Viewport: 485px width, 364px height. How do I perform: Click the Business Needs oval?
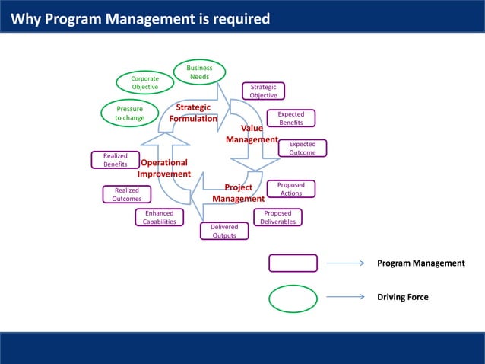point(200,72)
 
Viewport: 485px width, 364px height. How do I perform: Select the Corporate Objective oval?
point(145,83)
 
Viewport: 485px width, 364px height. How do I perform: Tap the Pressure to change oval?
point(130,113)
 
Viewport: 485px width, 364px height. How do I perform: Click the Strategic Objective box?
point(264,91)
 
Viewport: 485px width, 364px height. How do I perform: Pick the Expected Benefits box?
point(290,118)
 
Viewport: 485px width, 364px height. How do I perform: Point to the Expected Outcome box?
point(303,148)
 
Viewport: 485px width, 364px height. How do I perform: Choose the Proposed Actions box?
point(291,189)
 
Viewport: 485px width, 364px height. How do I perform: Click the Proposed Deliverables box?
point(277,218)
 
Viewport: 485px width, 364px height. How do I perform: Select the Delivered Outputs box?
point(224,231)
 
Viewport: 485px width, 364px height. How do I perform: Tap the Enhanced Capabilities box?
point(160,218)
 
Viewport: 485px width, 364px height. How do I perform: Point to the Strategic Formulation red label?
point(193,113)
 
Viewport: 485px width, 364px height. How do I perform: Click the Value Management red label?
point(252,134)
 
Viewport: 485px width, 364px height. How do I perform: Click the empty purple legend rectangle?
point(293,263)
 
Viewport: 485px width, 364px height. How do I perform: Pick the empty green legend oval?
point(293,298)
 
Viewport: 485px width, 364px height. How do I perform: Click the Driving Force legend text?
point(403,297)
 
